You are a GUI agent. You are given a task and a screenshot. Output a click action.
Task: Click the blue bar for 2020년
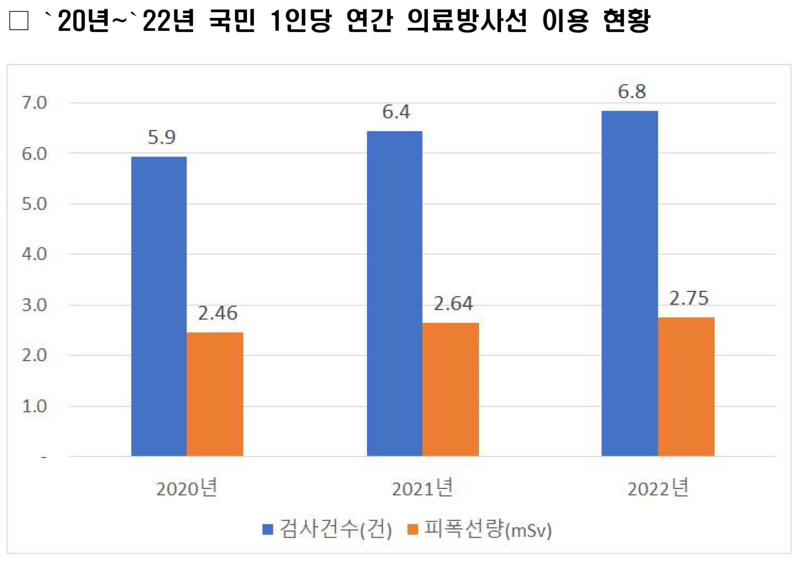(x=159, y=306)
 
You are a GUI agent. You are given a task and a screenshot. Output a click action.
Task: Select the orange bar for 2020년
(x=215, y=394)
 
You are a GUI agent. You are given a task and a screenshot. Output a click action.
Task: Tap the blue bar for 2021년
(x=395, y=294)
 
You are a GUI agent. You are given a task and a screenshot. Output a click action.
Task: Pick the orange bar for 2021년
(x=451, y=389)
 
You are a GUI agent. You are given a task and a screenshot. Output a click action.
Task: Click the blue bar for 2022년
(x=630, y=283)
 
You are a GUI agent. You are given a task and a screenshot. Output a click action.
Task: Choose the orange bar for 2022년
(x=686, y=387)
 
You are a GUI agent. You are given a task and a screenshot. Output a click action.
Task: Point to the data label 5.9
(x=162, y=137)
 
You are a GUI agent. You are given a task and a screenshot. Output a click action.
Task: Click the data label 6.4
(x=396, y=112)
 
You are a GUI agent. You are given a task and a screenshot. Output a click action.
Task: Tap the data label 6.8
(x=632, y=92)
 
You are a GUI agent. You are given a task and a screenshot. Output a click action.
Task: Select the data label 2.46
(x=217, y=313)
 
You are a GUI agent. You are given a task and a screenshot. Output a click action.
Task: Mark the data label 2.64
(x=453, y=304)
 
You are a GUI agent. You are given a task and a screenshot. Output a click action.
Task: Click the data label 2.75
(x=689, y=299)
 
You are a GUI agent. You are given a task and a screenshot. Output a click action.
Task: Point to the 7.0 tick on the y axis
(x=34, y=103)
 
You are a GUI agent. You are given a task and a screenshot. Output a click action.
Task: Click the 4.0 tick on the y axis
(x=34, y=254)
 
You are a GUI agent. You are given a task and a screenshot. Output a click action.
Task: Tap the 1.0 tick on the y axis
(x=34, y=406)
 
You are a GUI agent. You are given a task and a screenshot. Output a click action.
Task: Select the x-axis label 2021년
(x=422, y=488)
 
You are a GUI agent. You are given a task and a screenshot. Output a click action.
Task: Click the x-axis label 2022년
(x=658, y=488)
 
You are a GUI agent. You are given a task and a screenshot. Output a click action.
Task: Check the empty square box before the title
(x=19, y=21)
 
